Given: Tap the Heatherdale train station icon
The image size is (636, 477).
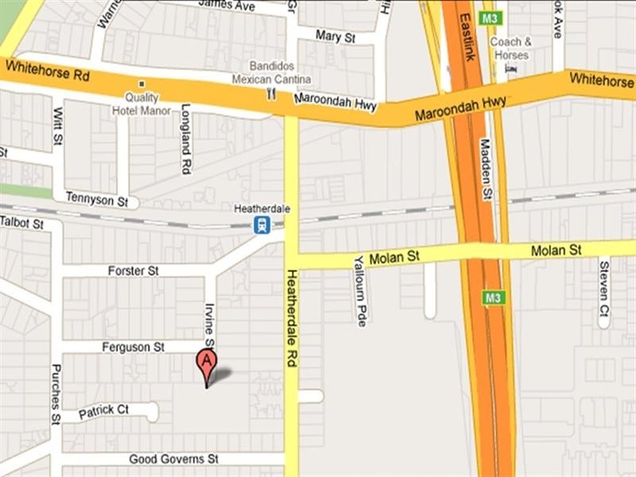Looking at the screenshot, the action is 262,225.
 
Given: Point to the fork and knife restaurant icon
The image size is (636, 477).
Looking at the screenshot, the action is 271,94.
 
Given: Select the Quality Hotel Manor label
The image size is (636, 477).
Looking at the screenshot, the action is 147,104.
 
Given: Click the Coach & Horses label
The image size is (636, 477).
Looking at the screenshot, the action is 511,48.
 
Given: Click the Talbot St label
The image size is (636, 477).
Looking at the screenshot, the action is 21,223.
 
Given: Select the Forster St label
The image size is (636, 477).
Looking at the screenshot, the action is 134,271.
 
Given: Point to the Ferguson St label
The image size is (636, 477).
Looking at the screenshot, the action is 133,347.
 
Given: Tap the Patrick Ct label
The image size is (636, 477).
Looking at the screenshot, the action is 104,410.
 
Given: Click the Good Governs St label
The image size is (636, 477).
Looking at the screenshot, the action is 174,459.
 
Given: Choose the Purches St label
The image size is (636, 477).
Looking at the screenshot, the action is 56,394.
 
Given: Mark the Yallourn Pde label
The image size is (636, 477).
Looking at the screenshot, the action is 359,289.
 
